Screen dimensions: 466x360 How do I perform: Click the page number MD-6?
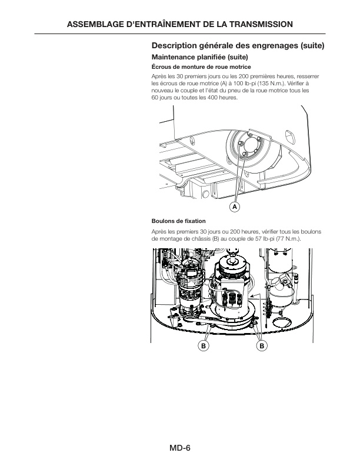(180, 448)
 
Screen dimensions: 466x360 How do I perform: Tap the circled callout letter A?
(234, 207)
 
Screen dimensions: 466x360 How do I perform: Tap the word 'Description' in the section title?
(175, 45)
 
